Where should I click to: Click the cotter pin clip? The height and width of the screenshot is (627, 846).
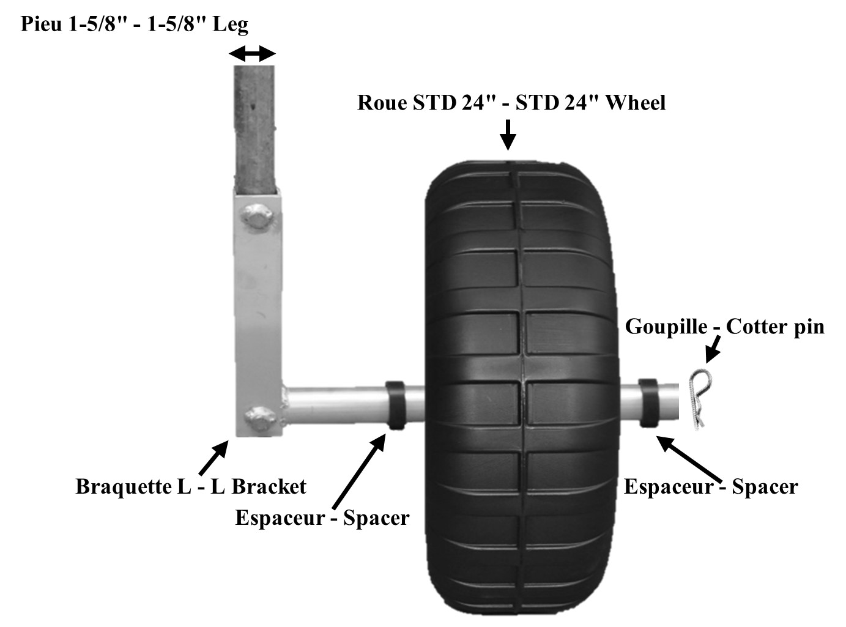[x=697, y=398]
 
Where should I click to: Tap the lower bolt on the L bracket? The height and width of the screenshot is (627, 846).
[x=256, y=419]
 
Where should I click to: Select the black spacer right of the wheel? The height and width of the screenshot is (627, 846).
[x=648, y=403]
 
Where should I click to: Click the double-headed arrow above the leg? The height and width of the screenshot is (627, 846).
[x=252, y=55]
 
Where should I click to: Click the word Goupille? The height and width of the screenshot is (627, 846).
[x=666, y=327]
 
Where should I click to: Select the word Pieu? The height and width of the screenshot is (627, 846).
[x=41, y=24]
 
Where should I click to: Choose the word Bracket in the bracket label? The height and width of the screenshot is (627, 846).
[x=269, y=487]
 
